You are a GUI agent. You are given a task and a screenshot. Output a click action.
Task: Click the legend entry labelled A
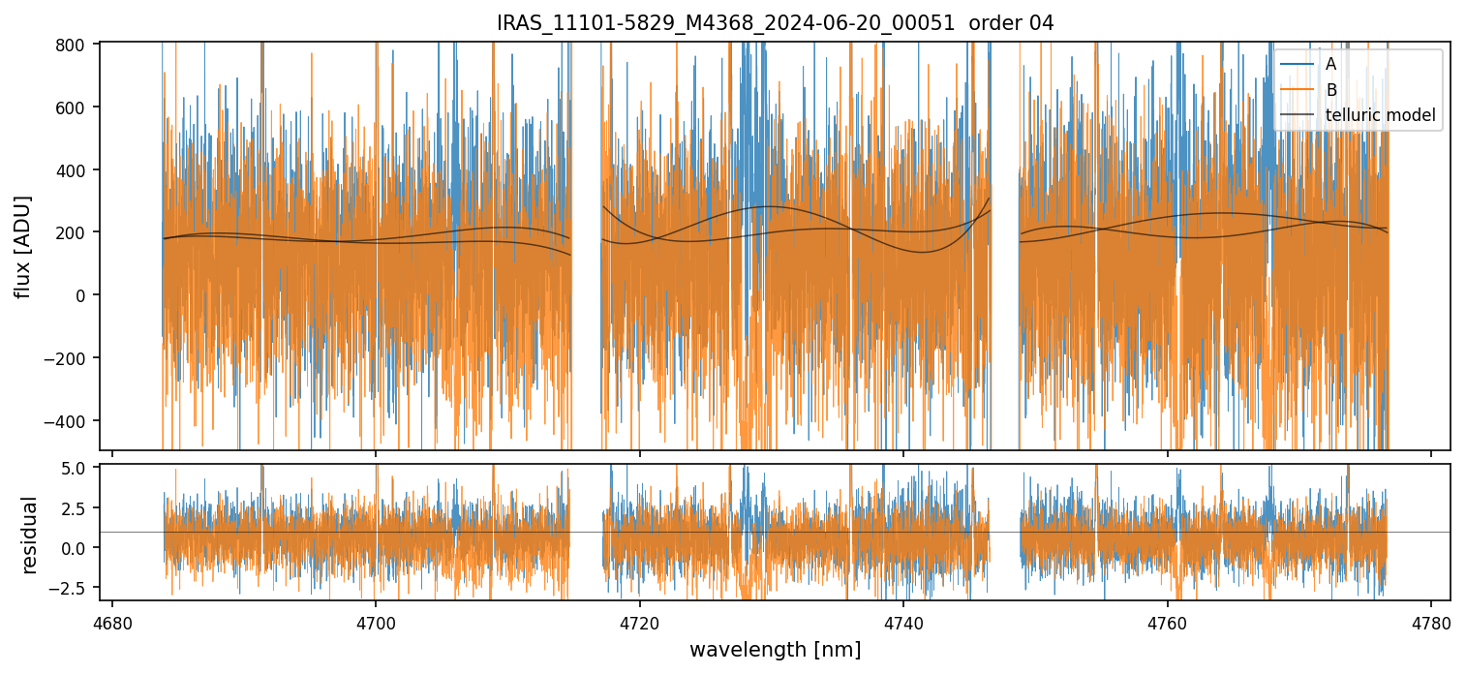coord(1330,64)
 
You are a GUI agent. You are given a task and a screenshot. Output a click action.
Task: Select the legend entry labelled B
coord(1330,90)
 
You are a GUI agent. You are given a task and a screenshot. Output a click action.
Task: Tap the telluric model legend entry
coord(1380,116)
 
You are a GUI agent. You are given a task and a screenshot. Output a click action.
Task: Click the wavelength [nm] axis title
coord(775,650)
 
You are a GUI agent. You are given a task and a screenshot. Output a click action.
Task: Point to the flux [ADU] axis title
coord(22,246)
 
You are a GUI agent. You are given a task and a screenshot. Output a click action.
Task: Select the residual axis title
coord(30,535)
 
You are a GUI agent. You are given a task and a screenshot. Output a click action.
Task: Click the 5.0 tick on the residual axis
coord(76,468)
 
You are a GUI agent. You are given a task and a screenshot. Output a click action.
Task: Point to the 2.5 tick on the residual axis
coord(76,507)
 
